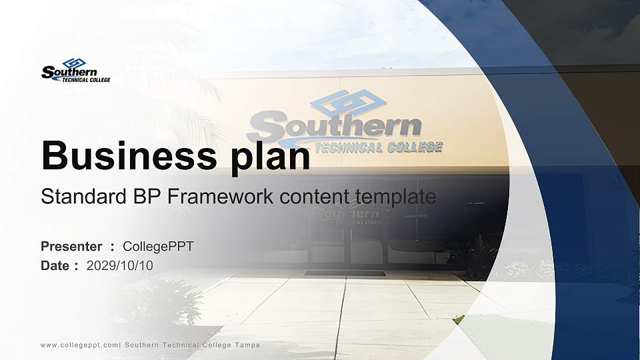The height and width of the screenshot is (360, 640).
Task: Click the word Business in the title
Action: point(129,155)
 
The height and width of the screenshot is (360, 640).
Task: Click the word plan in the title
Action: point(271,157)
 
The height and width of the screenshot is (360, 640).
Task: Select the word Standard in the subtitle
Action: point(84,196)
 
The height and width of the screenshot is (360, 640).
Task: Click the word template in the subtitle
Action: point(395,197)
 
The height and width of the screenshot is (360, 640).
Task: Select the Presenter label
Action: point(71,247)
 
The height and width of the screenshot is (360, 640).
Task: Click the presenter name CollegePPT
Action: point(159,247)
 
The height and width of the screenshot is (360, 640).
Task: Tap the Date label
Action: point(55,266)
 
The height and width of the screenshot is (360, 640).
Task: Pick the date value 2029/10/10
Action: point(119,266)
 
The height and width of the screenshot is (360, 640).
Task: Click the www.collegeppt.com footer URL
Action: point(79,345)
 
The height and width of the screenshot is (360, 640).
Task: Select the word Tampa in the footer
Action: point(247,345)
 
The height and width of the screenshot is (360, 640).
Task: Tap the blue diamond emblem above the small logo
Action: point(74,63)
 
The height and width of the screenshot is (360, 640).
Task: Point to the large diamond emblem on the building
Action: point(348,103)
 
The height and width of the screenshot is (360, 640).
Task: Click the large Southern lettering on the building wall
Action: point(334,127)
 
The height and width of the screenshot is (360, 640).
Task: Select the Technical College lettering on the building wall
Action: point(379,147)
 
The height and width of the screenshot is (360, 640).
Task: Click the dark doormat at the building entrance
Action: point(345,273)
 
